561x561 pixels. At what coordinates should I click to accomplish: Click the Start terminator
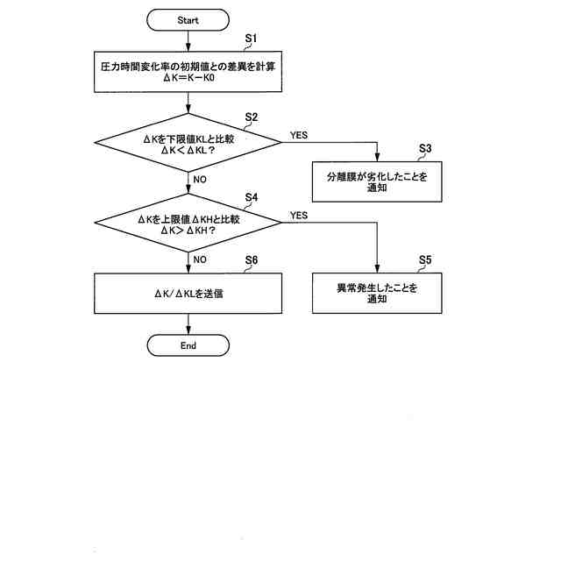(188, 19)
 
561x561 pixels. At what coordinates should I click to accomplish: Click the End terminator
(188, 345)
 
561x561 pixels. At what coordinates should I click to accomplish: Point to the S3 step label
(426, 147)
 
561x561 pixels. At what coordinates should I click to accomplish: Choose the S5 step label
(425, 260)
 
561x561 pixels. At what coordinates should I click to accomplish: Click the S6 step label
(252, 260)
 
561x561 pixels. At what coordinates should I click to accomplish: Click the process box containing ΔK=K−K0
(188, 71)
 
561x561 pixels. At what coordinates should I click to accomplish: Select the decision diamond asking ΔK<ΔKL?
(188, 143)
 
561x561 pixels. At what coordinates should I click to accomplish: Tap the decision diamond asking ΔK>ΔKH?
(188, 224)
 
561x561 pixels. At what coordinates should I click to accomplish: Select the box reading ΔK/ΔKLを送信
(188, 293)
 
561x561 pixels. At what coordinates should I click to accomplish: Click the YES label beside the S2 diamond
(298, 135)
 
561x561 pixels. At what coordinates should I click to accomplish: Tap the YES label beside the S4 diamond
(298, 216)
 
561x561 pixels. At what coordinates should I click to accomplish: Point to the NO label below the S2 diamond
(200, 178)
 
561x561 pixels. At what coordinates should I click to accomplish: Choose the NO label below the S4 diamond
(200, 259)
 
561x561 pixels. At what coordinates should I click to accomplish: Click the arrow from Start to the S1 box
(188, 40)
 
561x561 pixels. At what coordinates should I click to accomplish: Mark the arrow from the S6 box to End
(188, 323)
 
